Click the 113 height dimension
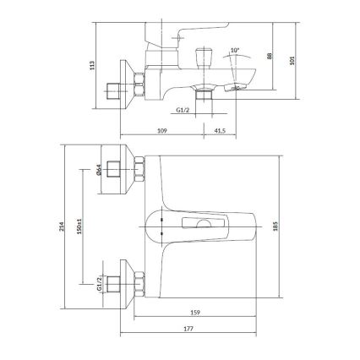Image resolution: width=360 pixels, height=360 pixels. coord(100,64)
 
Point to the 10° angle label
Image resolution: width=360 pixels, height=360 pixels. coord(234,52)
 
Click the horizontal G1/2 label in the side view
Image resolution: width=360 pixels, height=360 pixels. coord(183,111)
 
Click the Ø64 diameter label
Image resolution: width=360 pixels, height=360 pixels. coord(99,170)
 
